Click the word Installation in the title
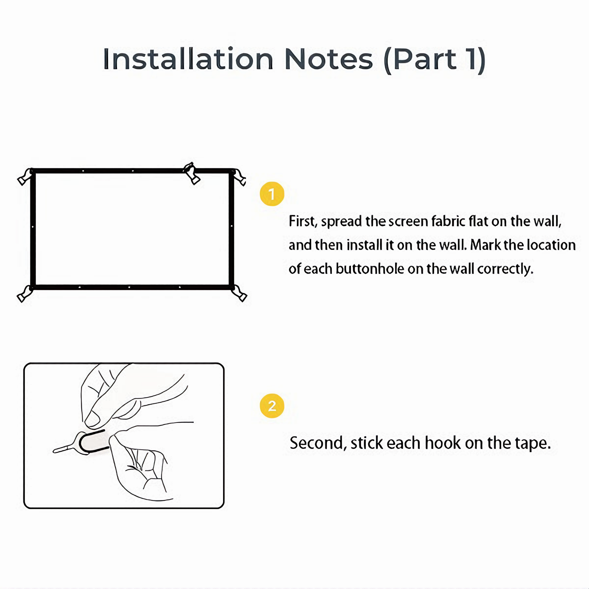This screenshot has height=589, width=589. coord(188,59)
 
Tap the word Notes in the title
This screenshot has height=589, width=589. coord(329,59)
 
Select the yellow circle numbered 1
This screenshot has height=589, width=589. coord(272,194)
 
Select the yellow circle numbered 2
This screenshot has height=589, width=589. coord(272,406)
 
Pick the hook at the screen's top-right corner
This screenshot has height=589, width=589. coord(239,177)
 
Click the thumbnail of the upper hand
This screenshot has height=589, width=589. coord(92,419)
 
